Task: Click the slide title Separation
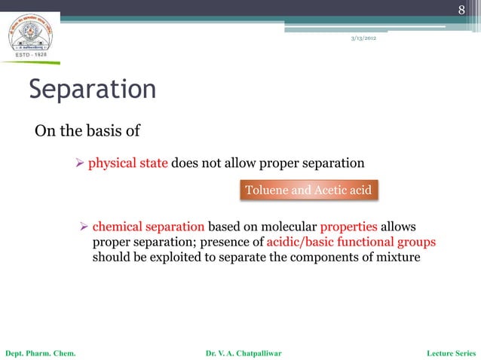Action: coord(92,90)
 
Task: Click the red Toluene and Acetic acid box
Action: coord(308,190)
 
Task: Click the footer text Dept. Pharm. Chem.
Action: coord(40,352)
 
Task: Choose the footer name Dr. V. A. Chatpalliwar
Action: coord(243,352)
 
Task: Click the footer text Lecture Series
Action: coord(451,352)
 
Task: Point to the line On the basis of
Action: coord(87,133)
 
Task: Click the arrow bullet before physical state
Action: coord(81,163)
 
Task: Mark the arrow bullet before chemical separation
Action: coord(85,227)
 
